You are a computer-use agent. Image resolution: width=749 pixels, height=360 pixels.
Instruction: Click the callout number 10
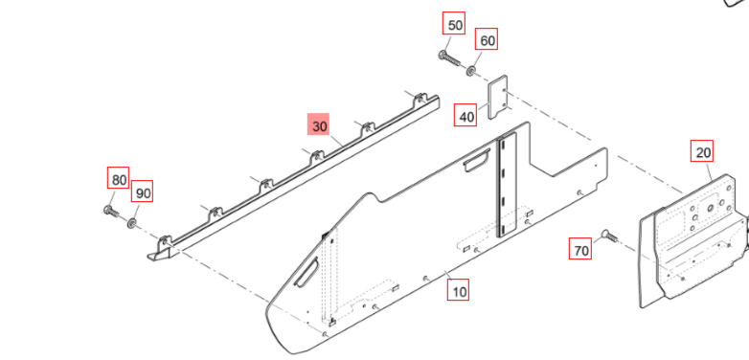pos(458,290)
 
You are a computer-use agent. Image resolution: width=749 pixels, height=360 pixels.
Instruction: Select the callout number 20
pos(702,151)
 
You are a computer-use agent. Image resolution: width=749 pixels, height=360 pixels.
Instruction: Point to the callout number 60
pos(486,39)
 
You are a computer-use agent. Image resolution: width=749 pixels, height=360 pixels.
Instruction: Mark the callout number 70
pos(579,249)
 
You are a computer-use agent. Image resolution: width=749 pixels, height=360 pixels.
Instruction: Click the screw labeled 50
pos(449,58)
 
